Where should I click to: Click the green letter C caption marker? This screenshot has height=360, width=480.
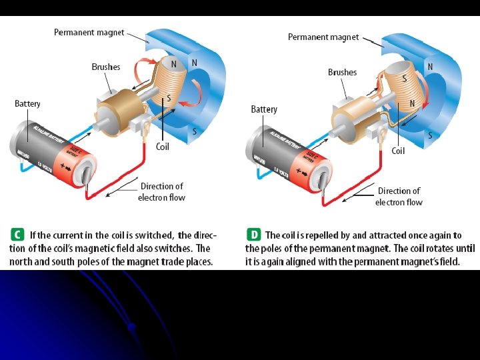pyautogui.click(x=16, y=235)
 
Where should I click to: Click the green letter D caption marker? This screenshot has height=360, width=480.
pyautogui.click(x=253, y=235)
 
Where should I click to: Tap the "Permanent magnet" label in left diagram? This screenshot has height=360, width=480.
pyautogui.click(x=89, y=33)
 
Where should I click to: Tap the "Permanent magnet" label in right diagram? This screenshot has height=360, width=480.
pyautogui.click(x=323, y=37)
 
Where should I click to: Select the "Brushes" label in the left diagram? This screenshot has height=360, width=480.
pyautogui.click(x=106, y=67)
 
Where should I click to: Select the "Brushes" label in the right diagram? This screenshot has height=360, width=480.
pyautogui.click(x=342, y=72)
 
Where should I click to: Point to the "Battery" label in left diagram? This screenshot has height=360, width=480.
pyautogui.click(x=27, y=103)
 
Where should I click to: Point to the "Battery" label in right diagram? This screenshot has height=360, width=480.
pyautogui.click(x=264, y=109)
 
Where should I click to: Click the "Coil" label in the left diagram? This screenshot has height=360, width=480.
pyautogui.click(x=163, y=146)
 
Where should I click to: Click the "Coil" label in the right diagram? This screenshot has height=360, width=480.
pyautogui.click(x=398, y=151)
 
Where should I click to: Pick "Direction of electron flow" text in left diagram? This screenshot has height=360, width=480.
pyautogui.click(x=161, y=191)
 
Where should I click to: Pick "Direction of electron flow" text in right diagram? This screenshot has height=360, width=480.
pyautogui.click(x=399, y=196)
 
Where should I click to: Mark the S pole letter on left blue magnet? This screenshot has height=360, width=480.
pyautogui.click(x=194, y=131)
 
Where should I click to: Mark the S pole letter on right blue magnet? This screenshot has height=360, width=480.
pyautogui.click(x=430, y=135)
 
